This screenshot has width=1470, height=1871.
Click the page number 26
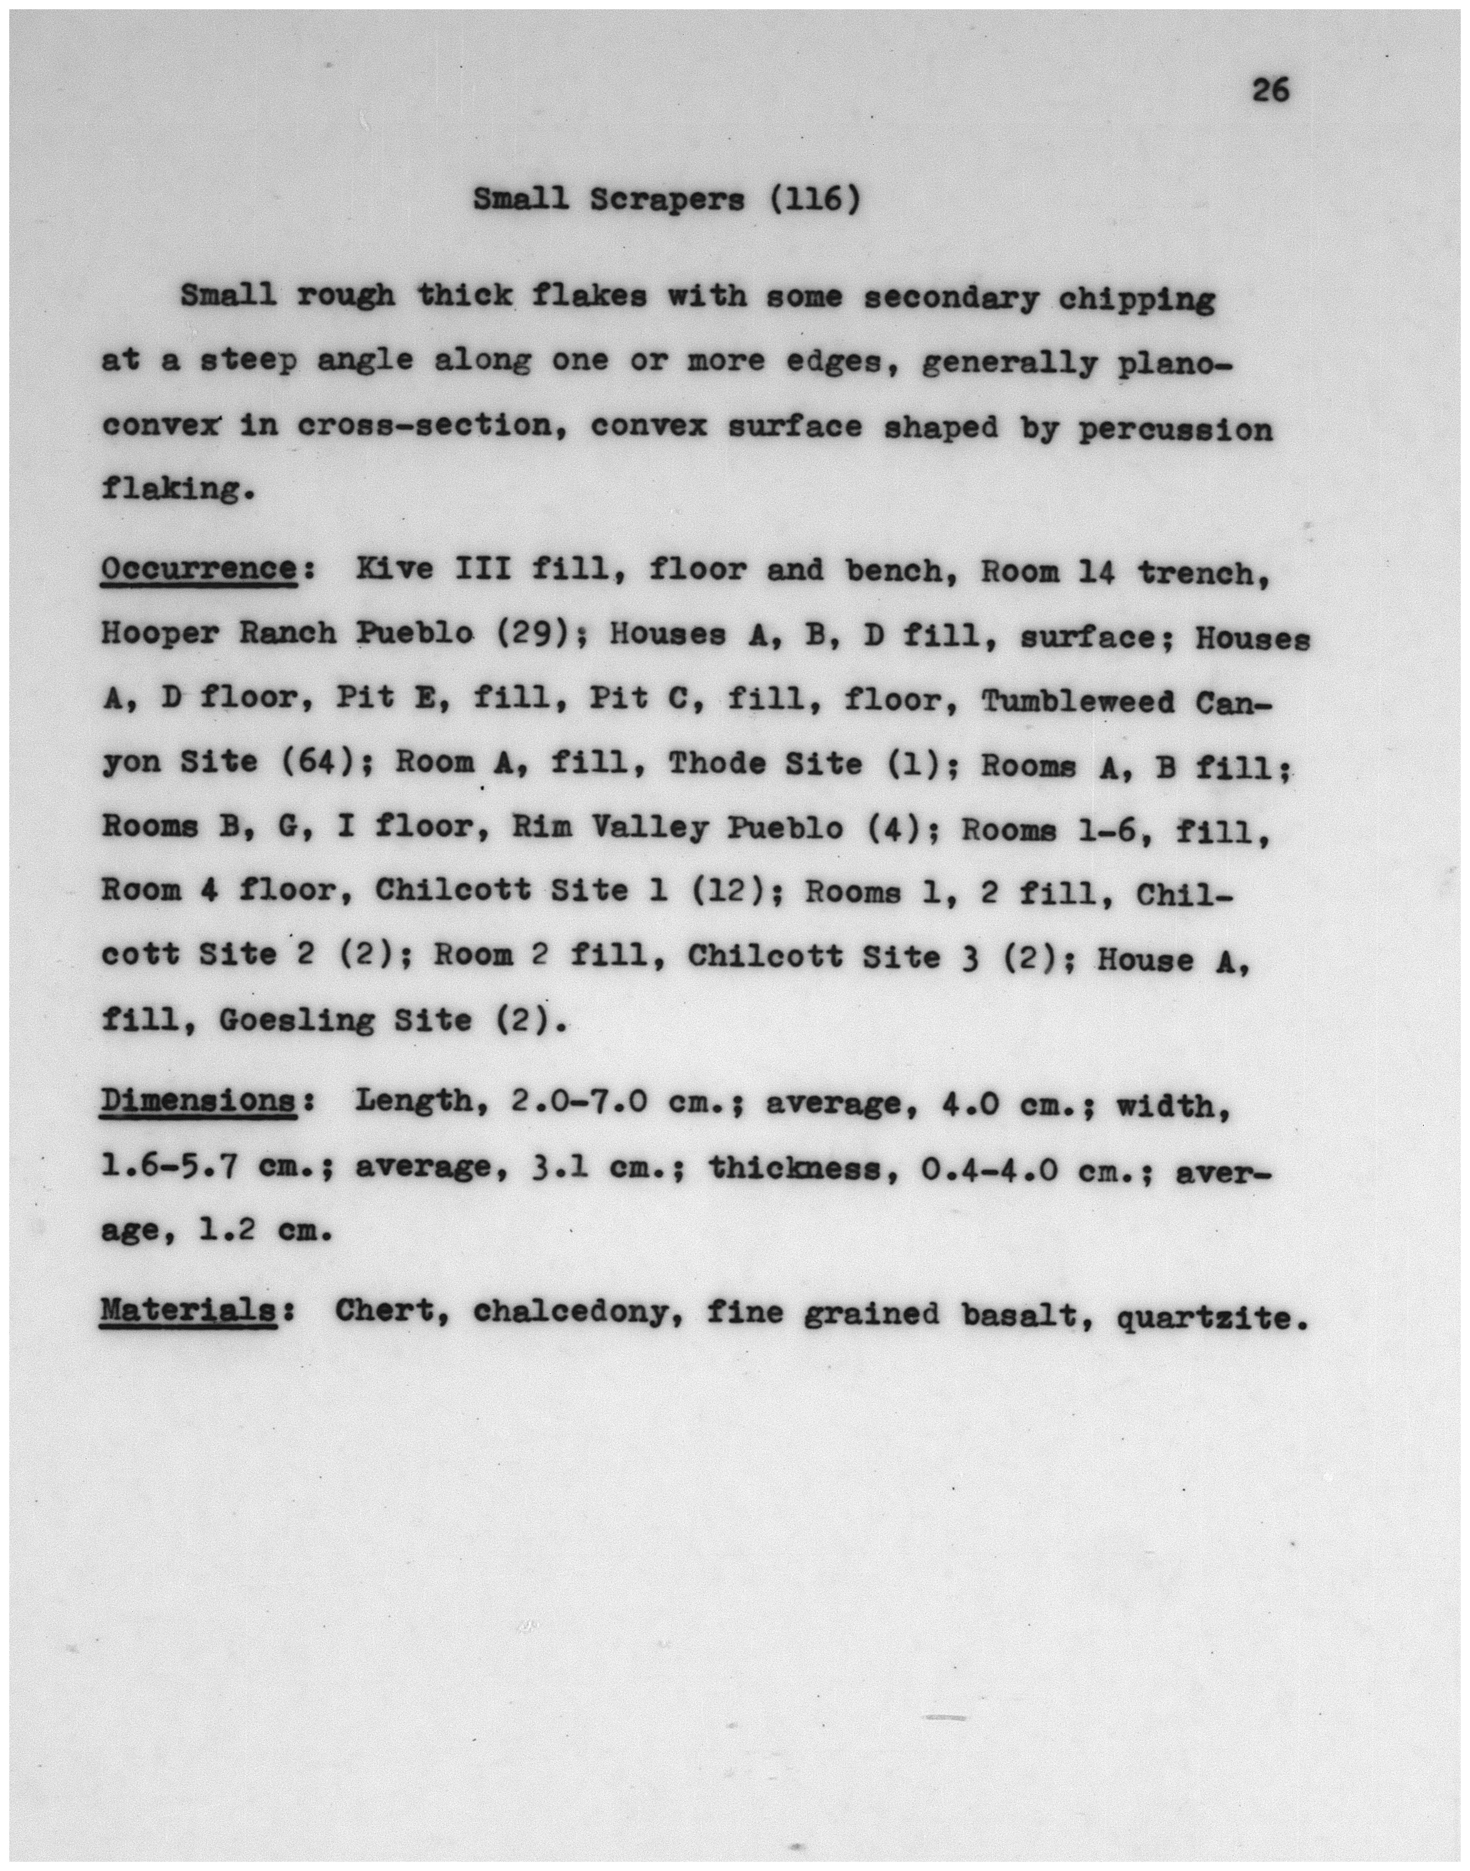1270,90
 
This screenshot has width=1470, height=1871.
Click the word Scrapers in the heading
667,200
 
